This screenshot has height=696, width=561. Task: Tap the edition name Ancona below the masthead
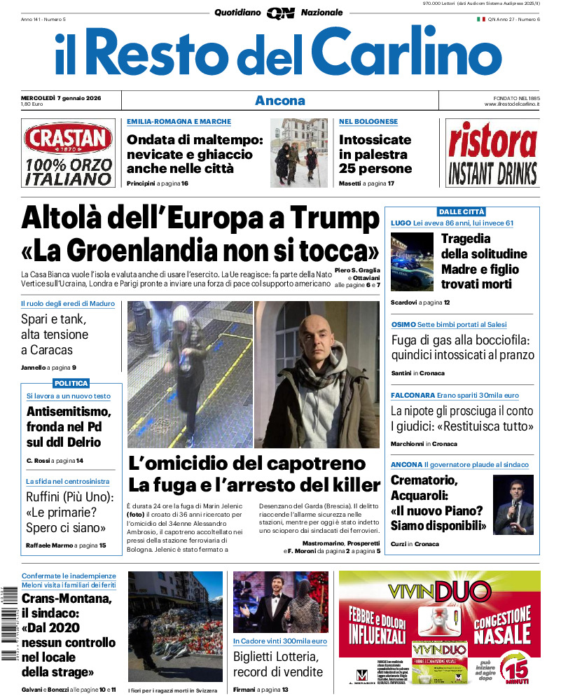tap(280, 100)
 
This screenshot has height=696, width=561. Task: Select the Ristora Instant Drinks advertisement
tap(492, 153)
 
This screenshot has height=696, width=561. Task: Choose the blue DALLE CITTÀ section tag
tap(462, 211)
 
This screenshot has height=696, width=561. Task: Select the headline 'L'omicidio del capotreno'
tap(247, 463)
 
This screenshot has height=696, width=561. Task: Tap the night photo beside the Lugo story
tap(412, 261)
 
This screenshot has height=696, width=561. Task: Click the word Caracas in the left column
tap(46, 349)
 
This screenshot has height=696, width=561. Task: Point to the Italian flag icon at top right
tap(481, 19)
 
